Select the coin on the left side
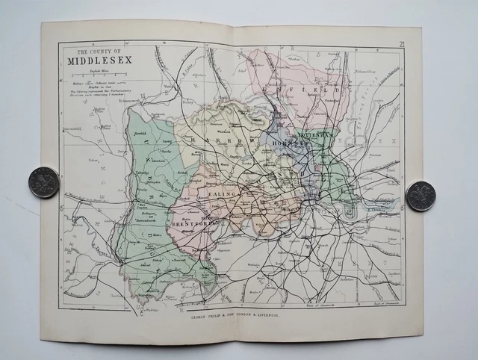click(x=43, y=182)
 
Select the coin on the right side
click(x=420, y=196)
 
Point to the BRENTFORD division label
click(x=193, y=224)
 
